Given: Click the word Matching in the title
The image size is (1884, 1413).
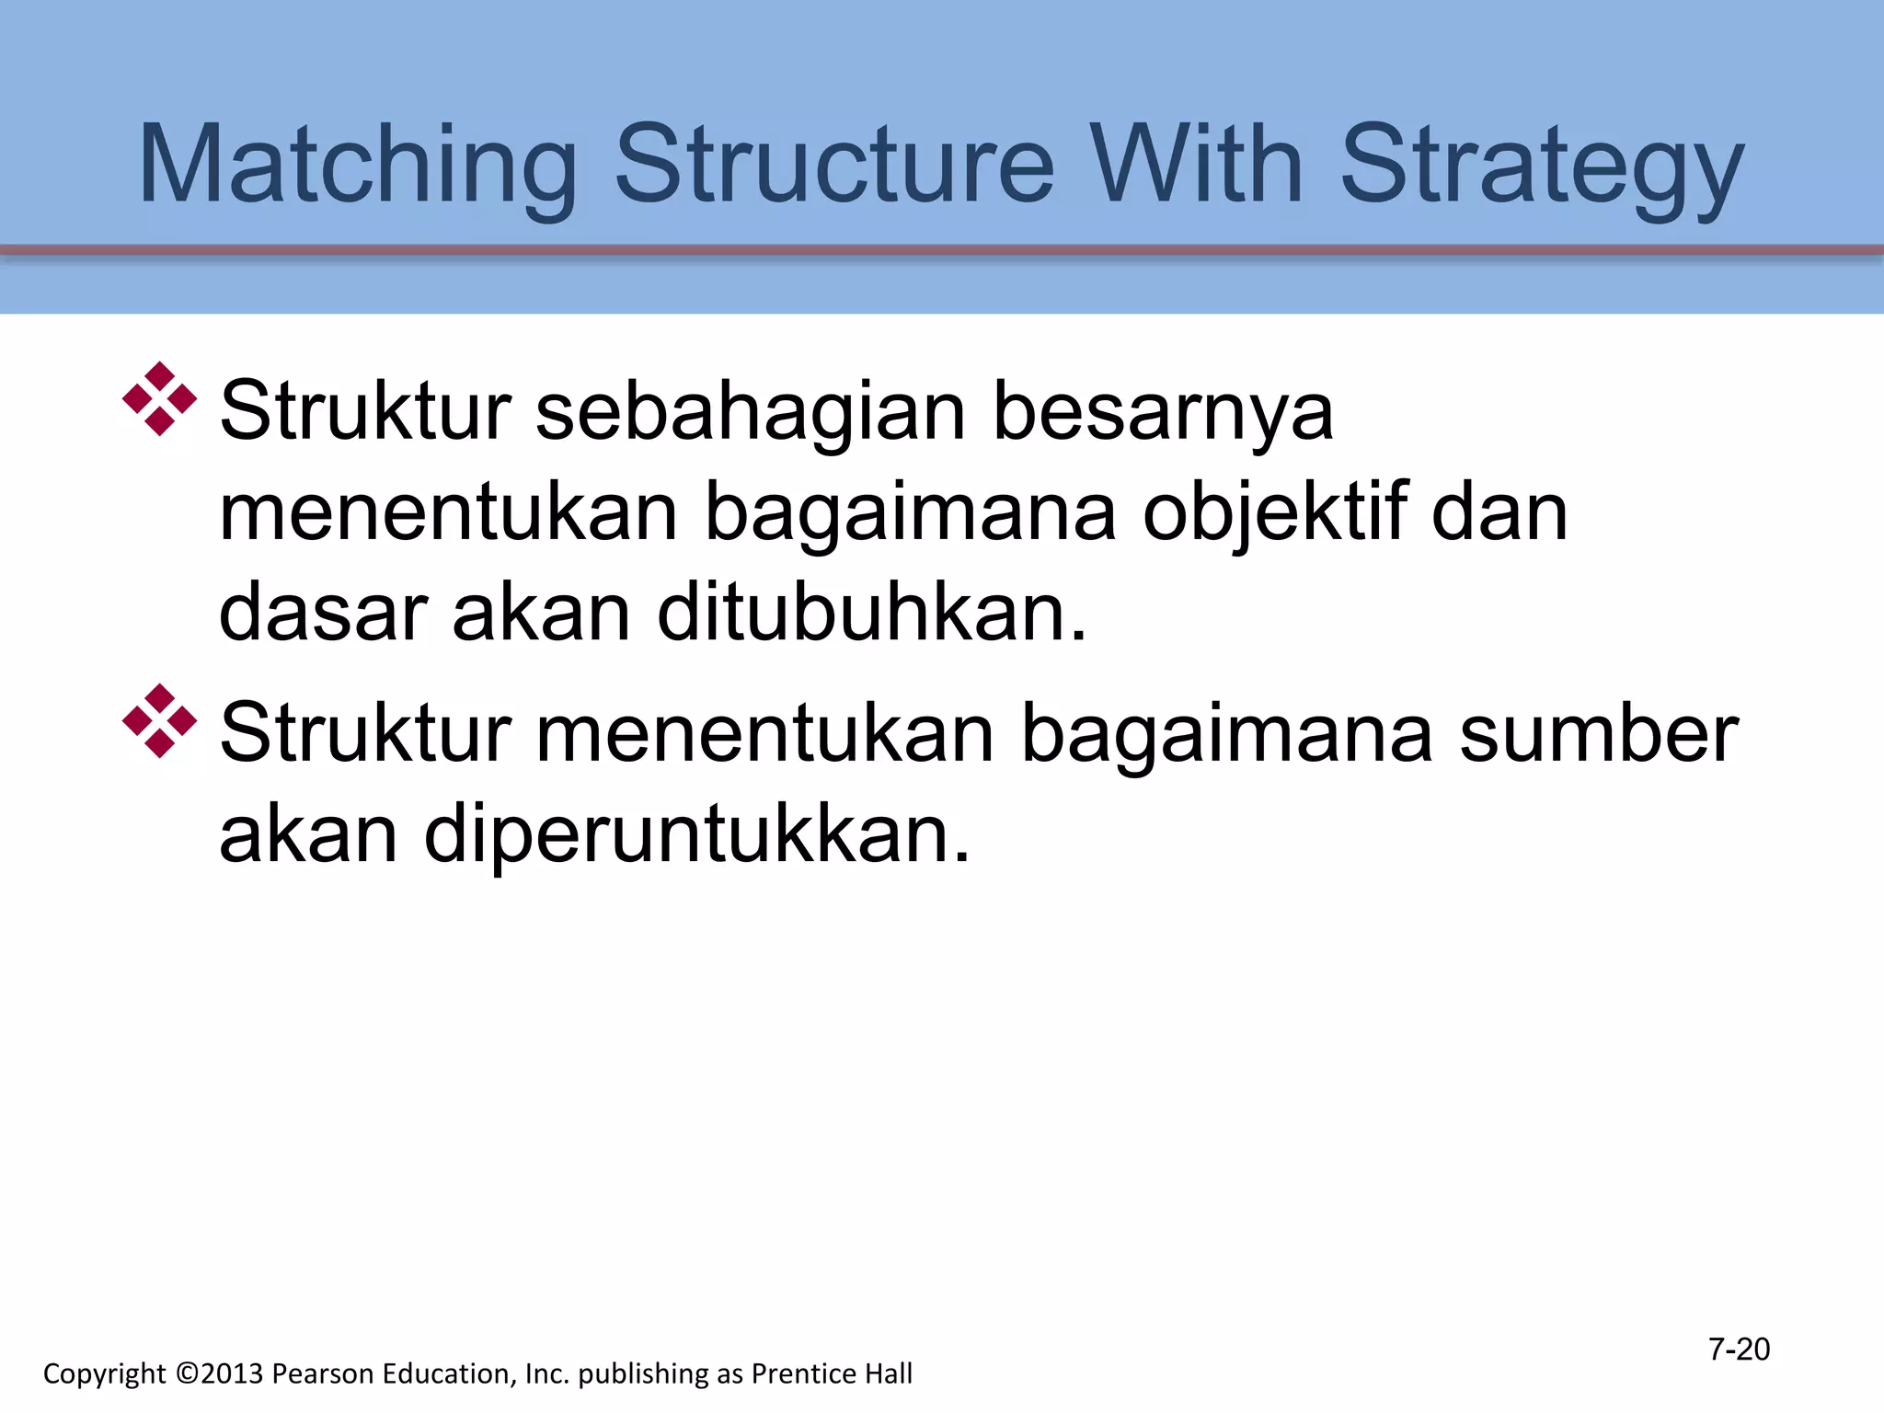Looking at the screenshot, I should (x=357, y=166).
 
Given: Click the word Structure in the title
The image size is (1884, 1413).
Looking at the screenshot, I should (x=833, y=166).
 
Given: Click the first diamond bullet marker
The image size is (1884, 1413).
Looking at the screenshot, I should (x=160, y=399).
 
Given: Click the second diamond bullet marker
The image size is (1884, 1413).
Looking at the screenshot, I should (x=160, y=720).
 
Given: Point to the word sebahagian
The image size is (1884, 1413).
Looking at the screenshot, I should (x=751, y=411).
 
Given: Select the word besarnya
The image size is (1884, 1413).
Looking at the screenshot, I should (x=1163, y=411).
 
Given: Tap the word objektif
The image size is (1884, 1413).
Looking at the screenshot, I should (x=1274, y=513).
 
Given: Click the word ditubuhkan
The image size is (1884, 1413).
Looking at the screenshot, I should (x=871, y=614).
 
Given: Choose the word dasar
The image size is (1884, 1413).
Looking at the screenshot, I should (x=323, y=614).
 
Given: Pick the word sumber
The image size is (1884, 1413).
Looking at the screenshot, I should (x=1599, y=733).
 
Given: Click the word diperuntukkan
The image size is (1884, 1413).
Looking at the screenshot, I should (x=696, y=834).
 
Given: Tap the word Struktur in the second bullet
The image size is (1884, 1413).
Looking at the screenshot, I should (x=365, y=733).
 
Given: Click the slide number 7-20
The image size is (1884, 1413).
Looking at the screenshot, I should (x=1739, y=1350).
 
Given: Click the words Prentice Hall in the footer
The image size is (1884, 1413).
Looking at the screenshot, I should (x=832, y=1373).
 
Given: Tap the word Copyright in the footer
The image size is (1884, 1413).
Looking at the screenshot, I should (x=105, y=1373).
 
